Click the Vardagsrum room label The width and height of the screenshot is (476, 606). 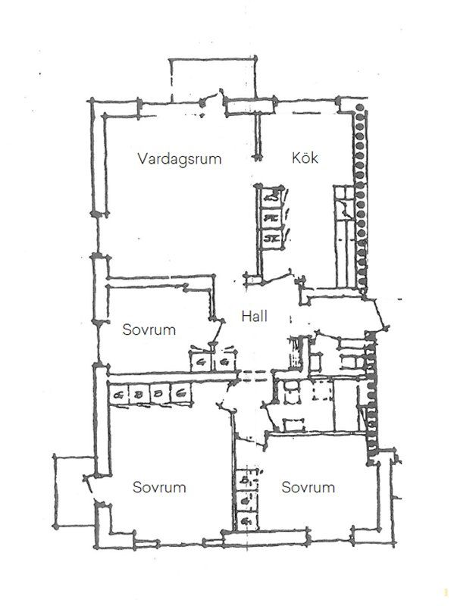point(179,159)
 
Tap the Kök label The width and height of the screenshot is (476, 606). point(305,159)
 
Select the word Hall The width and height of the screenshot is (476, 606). point(255,317)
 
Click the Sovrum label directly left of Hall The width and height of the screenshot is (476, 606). point(149,330)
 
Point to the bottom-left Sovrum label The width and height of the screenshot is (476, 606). point(159,487)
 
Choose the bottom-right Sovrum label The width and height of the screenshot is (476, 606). point(308,487)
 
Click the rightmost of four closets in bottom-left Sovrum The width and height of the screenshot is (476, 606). point(182,394)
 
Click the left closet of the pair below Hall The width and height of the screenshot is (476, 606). point(202,362)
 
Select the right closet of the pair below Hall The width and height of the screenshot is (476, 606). point(225,362)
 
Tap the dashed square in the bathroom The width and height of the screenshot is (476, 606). point(322,393)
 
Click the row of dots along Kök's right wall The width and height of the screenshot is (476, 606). point(361,197)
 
